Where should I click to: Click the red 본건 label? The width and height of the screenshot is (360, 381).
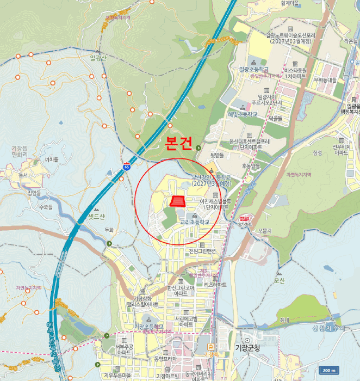coord(178,144)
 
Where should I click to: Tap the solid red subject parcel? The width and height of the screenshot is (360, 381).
coord(177,202)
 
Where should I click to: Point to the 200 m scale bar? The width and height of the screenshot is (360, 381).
coord(329,370)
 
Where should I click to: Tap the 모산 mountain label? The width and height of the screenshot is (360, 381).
coord(280,281)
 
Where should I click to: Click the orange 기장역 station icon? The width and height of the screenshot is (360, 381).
coord(218,346)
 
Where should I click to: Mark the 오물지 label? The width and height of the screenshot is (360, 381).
coord(265,231)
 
